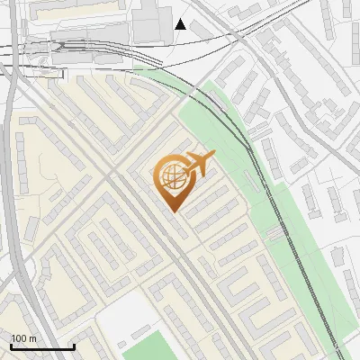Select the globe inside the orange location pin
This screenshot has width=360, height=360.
(171, 175)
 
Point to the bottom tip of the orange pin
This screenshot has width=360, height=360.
(171, 211)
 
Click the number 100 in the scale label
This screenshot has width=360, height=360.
(20, 338)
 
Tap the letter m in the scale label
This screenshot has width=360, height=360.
(32, 338)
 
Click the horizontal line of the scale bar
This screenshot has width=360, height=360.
(42, 346)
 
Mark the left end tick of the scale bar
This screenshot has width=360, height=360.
(12, 345)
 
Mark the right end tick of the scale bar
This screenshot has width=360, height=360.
(74, 345)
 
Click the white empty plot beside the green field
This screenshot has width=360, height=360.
(121, 315)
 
